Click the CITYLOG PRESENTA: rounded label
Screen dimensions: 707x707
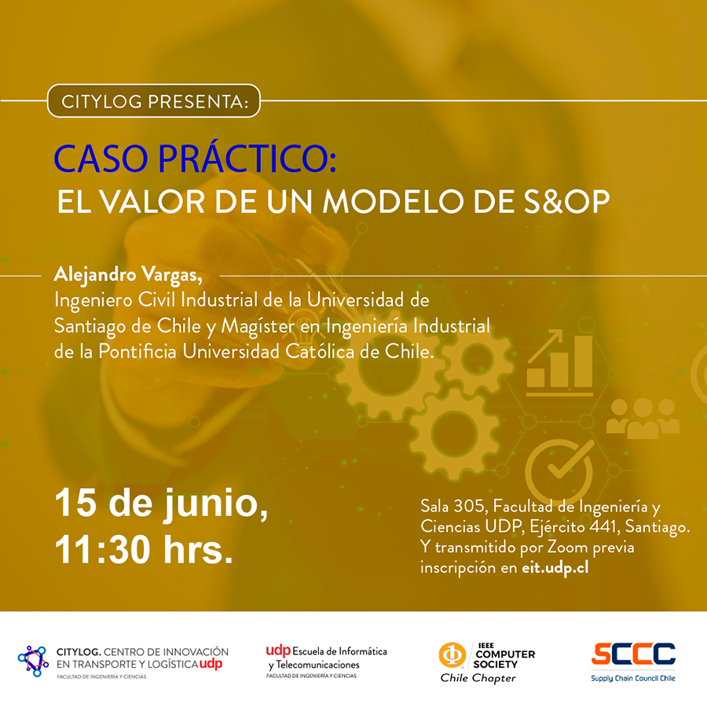click(154, 101)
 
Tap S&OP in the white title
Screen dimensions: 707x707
click(566, 201)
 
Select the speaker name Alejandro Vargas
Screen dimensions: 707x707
click(128, 274)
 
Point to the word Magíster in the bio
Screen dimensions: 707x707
click(258, 326)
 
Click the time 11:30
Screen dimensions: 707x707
click(102, 550)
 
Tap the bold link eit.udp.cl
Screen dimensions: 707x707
click(555, 567)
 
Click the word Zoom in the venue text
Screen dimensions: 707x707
click(567, 547)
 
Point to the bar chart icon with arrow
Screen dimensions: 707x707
click(559, 362)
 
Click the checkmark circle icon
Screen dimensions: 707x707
click(559, 470)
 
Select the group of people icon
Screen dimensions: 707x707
click(643, 418)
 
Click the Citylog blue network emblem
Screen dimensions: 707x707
click(33, 661)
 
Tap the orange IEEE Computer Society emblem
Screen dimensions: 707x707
click(452, 655)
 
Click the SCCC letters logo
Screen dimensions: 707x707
click(633, 654)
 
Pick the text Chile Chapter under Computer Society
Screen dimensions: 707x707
click(478, 678)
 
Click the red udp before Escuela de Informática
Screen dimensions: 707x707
click(278, 651)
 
